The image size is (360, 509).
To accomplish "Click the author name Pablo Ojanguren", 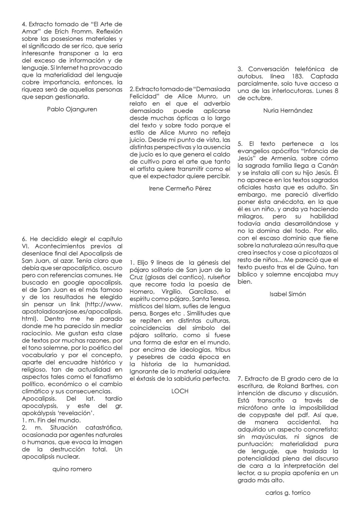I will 72,109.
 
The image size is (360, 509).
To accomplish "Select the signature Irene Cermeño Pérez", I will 180,188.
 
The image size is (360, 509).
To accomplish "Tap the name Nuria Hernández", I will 288,111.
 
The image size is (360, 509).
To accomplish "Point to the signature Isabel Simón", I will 288,294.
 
